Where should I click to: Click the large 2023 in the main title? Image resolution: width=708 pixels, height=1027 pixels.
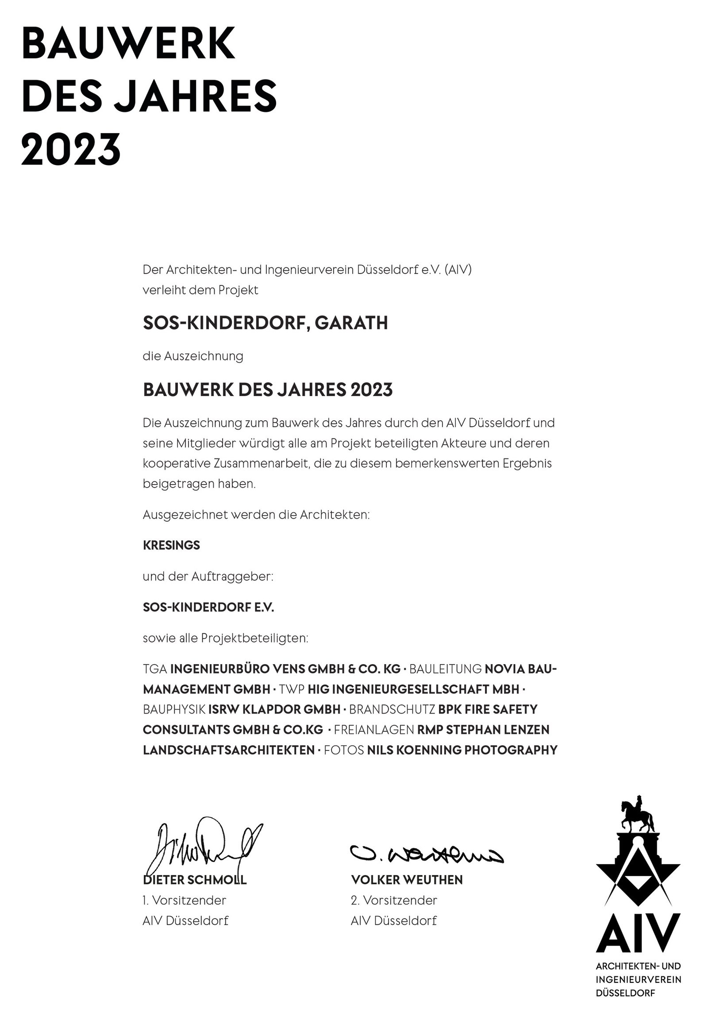(71, 149)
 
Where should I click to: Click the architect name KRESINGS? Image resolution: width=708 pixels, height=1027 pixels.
(171, 545)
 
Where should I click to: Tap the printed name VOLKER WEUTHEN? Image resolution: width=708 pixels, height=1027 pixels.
(407, 880)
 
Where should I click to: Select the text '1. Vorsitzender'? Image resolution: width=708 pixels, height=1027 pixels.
(184, 900)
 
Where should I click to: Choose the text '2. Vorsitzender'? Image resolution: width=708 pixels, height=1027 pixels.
(394, 900)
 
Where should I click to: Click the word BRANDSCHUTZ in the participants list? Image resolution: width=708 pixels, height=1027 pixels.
(392, 709)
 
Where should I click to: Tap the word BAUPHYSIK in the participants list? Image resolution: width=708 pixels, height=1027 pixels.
(174, 709)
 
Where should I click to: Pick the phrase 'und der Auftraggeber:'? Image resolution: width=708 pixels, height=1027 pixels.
(208, 577)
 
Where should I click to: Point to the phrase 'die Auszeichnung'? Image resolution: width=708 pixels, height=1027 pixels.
(193, 356)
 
